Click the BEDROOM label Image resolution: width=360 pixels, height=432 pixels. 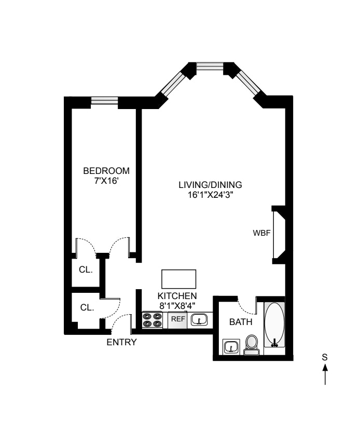click(106, 171)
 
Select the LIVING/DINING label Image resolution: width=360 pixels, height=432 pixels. click(203, 185)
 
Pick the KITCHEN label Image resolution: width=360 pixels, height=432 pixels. click(177, 295)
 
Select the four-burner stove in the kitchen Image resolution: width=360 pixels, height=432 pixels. click(154, 319)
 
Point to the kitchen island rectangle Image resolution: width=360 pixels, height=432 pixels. click(179, 279)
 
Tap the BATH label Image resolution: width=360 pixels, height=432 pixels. click(241, 322)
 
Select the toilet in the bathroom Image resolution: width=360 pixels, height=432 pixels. click(252, 344)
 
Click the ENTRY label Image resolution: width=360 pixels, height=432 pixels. click(121, 342)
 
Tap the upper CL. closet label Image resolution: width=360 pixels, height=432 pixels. click(85, 269)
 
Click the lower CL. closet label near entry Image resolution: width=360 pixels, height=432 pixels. click(87, 307)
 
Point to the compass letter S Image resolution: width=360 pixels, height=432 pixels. click(325, 357)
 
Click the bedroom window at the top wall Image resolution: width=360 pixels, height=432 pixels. click(104, 101)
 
